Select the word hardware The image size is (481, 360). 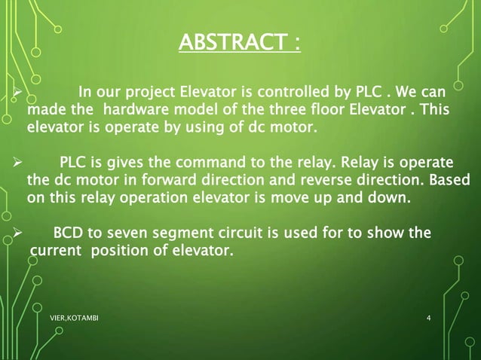136,111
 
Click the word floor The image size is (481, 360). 337,111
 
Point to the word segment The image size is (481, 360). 187,234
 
